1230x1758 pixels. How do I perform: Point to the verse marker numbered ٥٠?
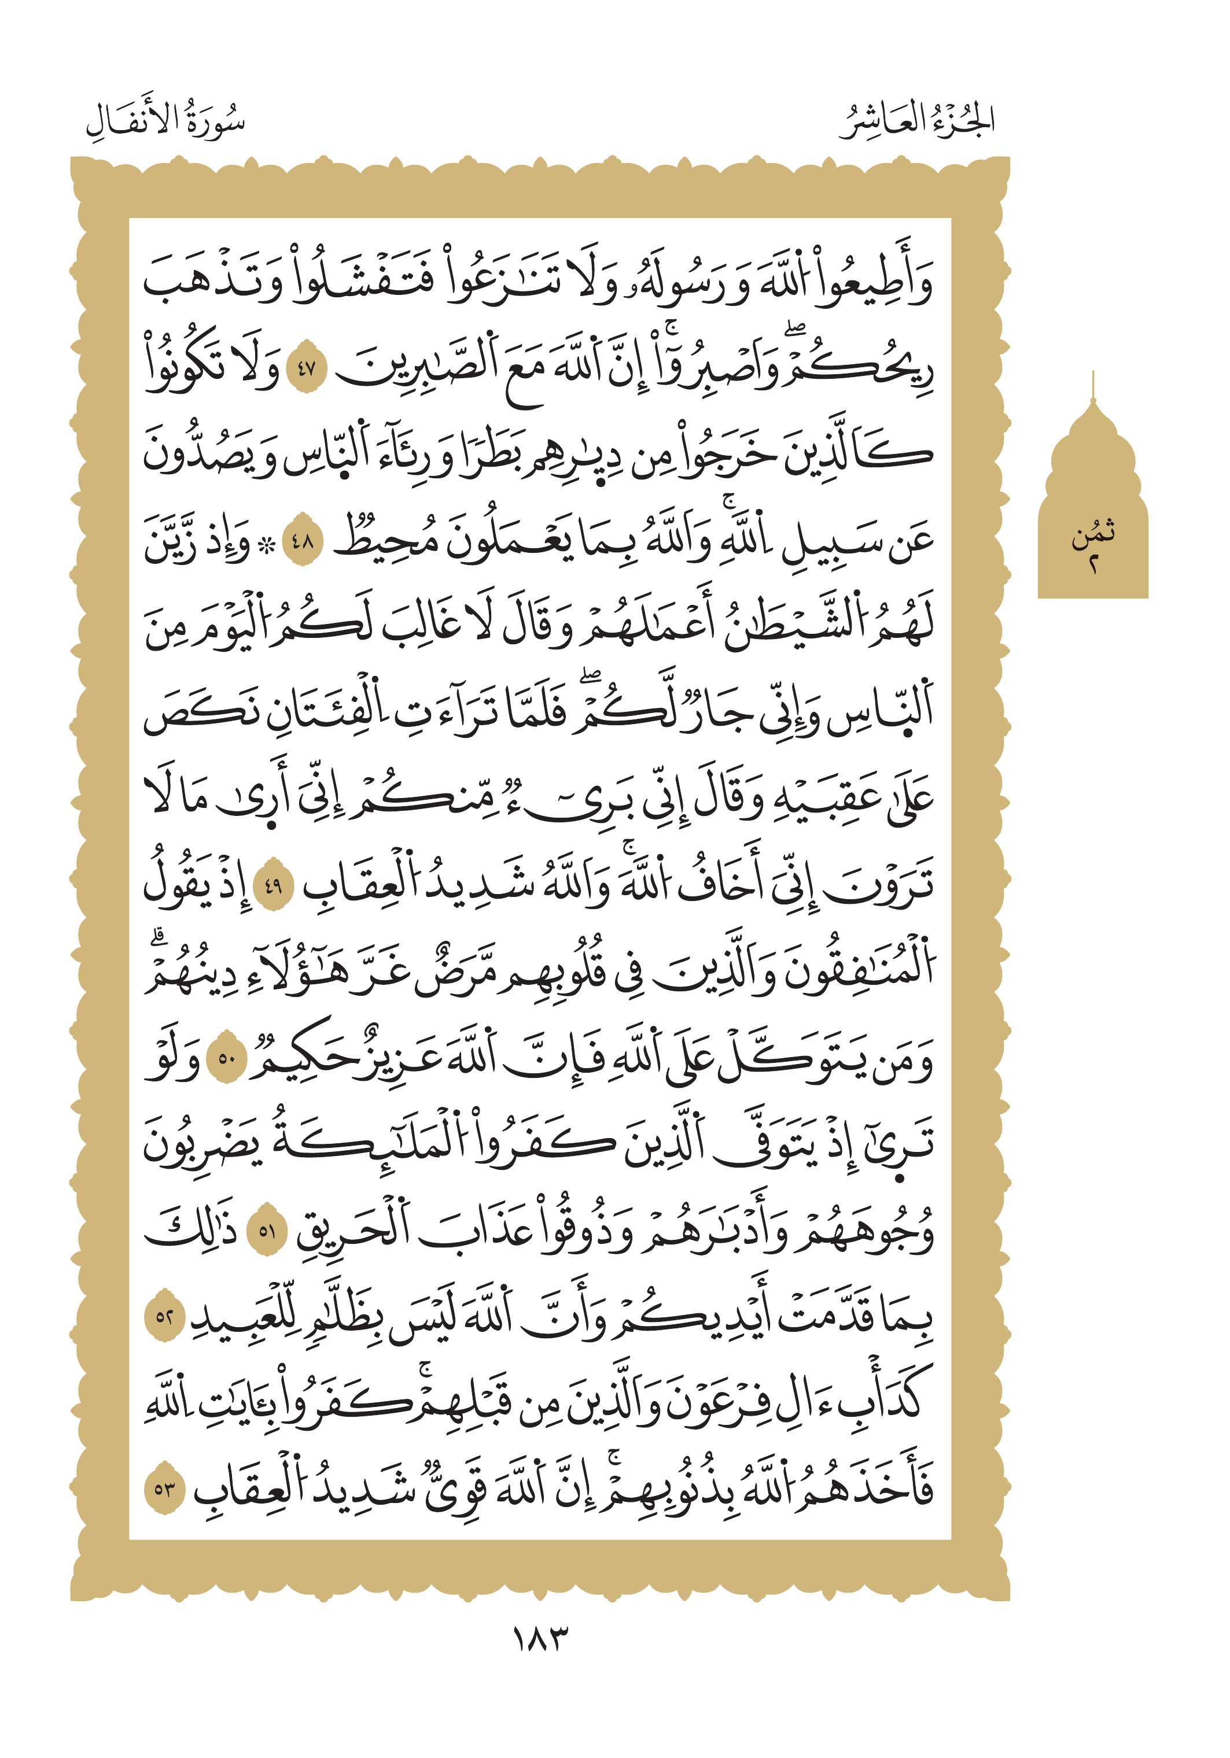click(x=227, y=1059)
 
